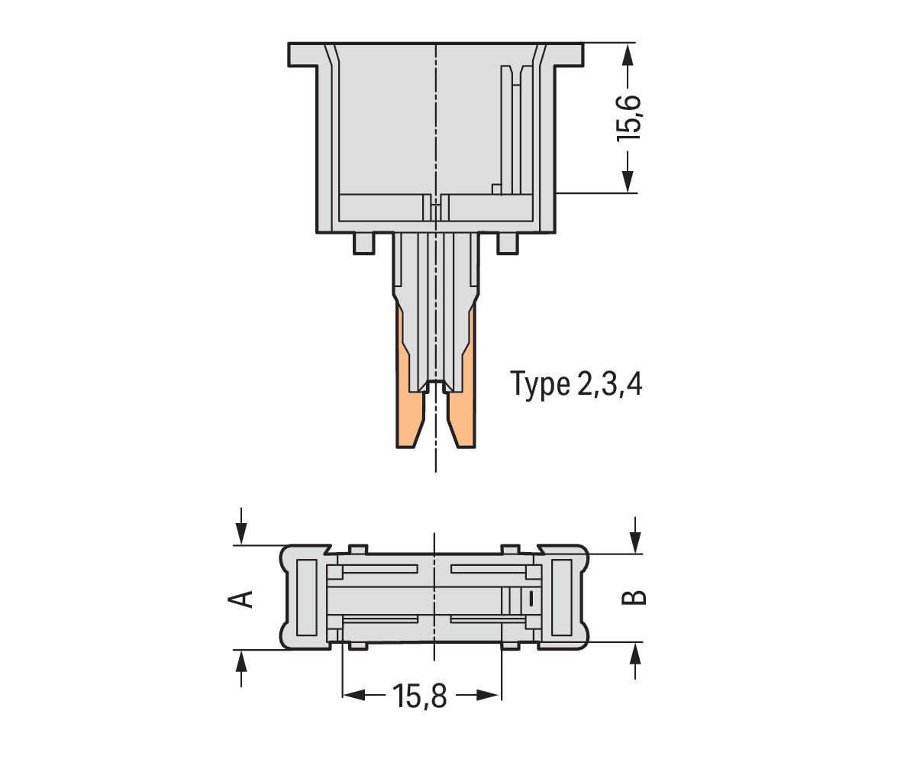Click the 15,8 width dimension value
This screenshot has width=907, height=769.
419,696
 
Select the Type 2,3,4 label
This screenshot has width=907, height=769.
576,384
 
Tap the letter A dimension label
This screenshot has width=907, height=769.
241,598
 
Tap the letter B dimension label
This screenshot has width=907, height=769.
635,596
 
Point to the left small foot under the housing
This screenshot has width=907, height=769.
364,243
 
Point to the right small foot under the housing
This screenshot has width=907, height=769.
507,243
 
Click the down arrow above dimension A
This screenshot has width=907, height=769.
241,534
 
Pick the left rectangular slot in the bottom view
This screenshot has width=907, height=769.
306,597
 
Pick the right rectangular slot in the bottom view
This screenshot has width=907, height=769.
561,597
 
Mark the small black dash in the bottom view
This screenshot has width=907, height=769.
529,599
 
